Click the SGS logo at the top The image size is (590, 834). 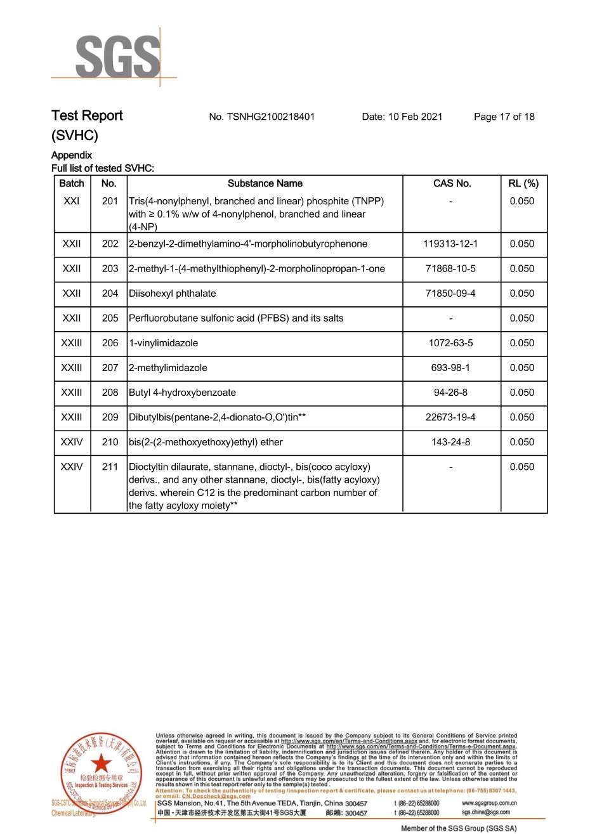(x=117, y=57)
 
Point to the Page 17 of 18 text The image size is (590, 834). (x=504, y=117)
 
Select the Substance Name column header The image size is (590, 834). (x=265, y=183)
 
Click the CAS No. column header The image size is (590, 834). (x=452, y=183)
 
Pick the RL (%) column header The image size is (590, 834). (x=523, y=183)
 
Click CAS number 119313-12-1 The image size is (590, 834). (x=450, y=244)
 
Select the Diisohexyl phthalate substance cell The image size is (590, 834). (x=173, y=294)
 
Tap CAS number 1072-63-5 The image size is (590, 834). (x=450, y=343)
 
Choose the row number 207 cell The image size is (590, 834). (x=110, y=368)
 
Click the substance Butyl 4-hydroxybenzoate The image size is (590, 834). (x=182, y=393)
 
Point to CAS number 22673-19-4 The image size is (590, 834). (x=450, y=417)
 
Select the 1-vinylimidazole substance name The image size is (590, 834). (x=163, y=343)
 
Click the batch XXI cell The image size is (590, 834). (x=72, y=201)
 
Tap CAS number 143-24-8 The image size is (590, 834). (x=450, y=442)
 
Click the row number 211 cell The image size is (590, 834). (x=110, y=467)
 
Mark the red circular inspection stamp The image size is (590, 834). (x=101, y=774)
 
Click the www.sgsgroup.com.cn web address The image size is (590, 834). (x=488, y=803)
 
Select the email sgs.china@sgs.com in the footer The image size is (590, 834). (x=485, y=812)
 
